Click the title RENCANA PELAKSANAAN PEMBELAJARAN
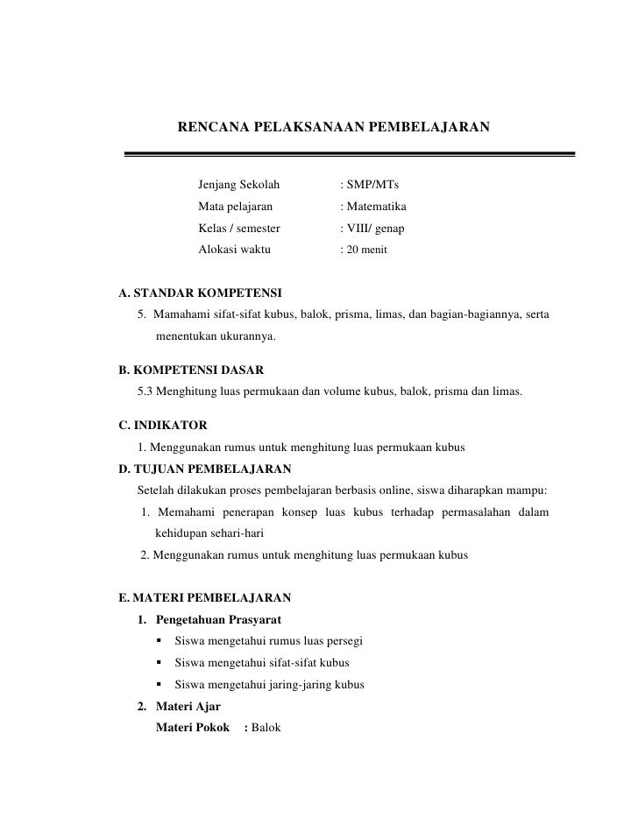click(x=334, y=128)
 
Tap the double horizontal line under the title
click(x=349, y=154)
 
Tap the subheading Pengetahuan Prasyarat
click(x=216, y=621)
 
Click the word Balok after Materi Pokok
click(x=266, y=727)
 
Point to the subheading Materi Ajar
click(x=188, y=706)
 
